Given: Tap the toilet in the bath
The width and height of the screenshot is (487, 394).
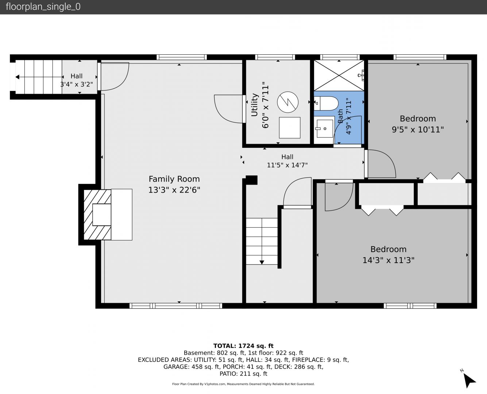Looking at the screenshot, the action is (x=326, y=103).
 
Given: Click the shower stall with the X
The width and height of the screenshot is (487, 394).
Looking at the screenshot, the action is (x=339, y=76).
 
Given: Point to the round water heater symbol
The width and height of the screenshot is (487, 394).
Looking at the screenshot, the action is (x=287, y=102).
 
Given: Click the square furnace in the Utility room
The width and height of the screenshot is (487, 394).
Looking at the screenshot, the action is (x=290, y=128).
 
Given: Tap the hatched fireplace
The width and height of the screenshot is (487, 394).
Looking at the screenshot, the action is (x=97, y=215).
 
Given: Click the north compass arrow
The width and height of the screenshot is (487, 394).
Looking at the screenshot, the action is (x=469, y=381).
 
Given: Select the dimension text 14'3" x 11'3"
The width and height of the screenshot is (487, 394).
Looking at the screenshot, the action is (x=389, y=260).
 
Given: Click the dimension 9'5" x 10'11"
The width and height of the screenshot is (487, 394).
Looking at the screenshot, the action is (x=418, y=130).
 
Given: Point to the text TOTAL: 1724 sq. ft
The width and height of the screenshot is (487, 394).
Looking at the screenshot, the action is (x=243, y=346).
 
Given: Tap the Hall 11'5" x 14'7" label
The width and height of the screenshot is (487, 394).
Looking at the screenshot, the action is (x=287, y=161).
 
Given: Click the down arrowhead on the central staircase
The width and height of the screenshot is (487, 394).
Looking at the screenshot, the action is (x=262, y=262).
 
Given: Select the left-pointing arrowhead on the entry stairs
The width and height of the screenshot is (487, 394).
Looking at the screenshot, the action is (x=18, y=77).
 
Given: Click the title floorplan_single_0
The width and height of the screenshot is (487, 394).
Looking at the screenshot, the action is (x=43, y=7).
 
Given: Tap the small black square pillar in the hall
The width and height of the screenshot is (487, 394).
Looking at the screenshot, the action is (x=251, y=180).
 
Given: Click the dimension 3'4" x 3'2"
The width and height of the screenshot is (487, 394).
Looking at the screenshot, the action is (x=76, y=84).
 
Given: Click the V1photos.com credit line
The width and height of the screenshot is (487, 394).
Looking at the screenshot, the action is (x=243, y=384).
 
